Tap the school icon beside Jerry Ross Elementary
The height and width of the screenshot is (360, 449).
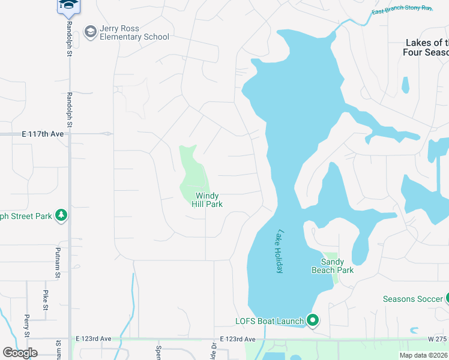pyautogui.click(x=91, y=32)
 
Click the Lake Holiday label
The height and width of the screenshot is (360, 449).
pyautogui.click(x=279, y=252)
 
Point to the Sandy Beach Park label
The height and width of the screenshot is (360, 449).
pyautogui.click(x=333, y=266)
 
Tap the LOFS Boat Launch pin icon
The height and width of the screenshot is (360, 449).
pyautogui.click(x=312, y=320)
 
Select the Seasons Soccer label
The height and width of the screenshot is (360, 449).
pyautogui.click(x=412, y=299)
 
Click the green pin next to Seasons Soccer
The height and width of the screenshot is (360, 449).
pyautogui.click(x=447, y=298)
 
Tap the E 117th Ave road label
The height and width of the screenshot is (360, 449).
pyautogui.click(x=42, y=134)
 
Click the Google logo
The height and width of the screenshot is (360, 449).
pyautogui.click(x=20, y=353)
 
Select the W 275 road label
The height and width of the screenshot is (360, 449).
pyautogui.click(x=438, y=339)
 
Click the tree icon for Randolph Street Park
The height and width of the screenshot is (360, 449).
pyautogui.click(x=61, y=215)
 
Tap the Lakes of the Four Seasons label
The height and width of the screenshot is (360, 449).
pyautogui.click(x=426, y=47)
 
